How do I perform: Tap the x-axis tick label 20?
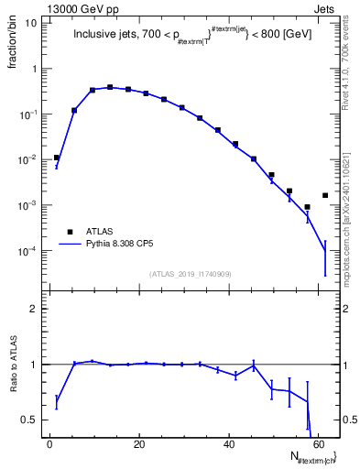pyautogui.click(x=139, y=445)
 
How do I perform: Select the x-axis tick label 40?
pyautogui.click(x=229, y=445)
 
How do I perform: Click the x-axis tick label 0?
pyautogui.click(x=49, y=445)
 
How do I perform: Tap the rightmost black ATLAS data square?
pyautogui.click(x=325, y=195)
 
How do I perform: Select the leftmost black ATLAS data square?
pyautogui.click(x=57, y=158)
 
